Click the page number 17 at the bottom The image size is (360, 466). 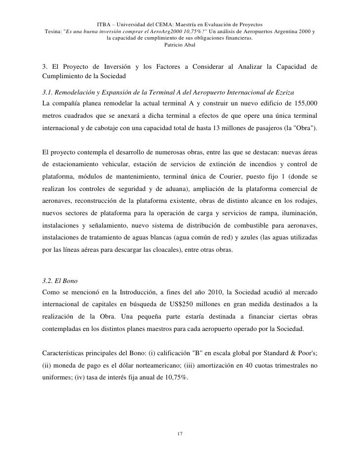[180, 434]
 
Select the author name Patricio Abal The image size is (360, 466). [180, 45]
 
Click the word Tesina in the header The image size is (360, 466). [53, 31]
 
